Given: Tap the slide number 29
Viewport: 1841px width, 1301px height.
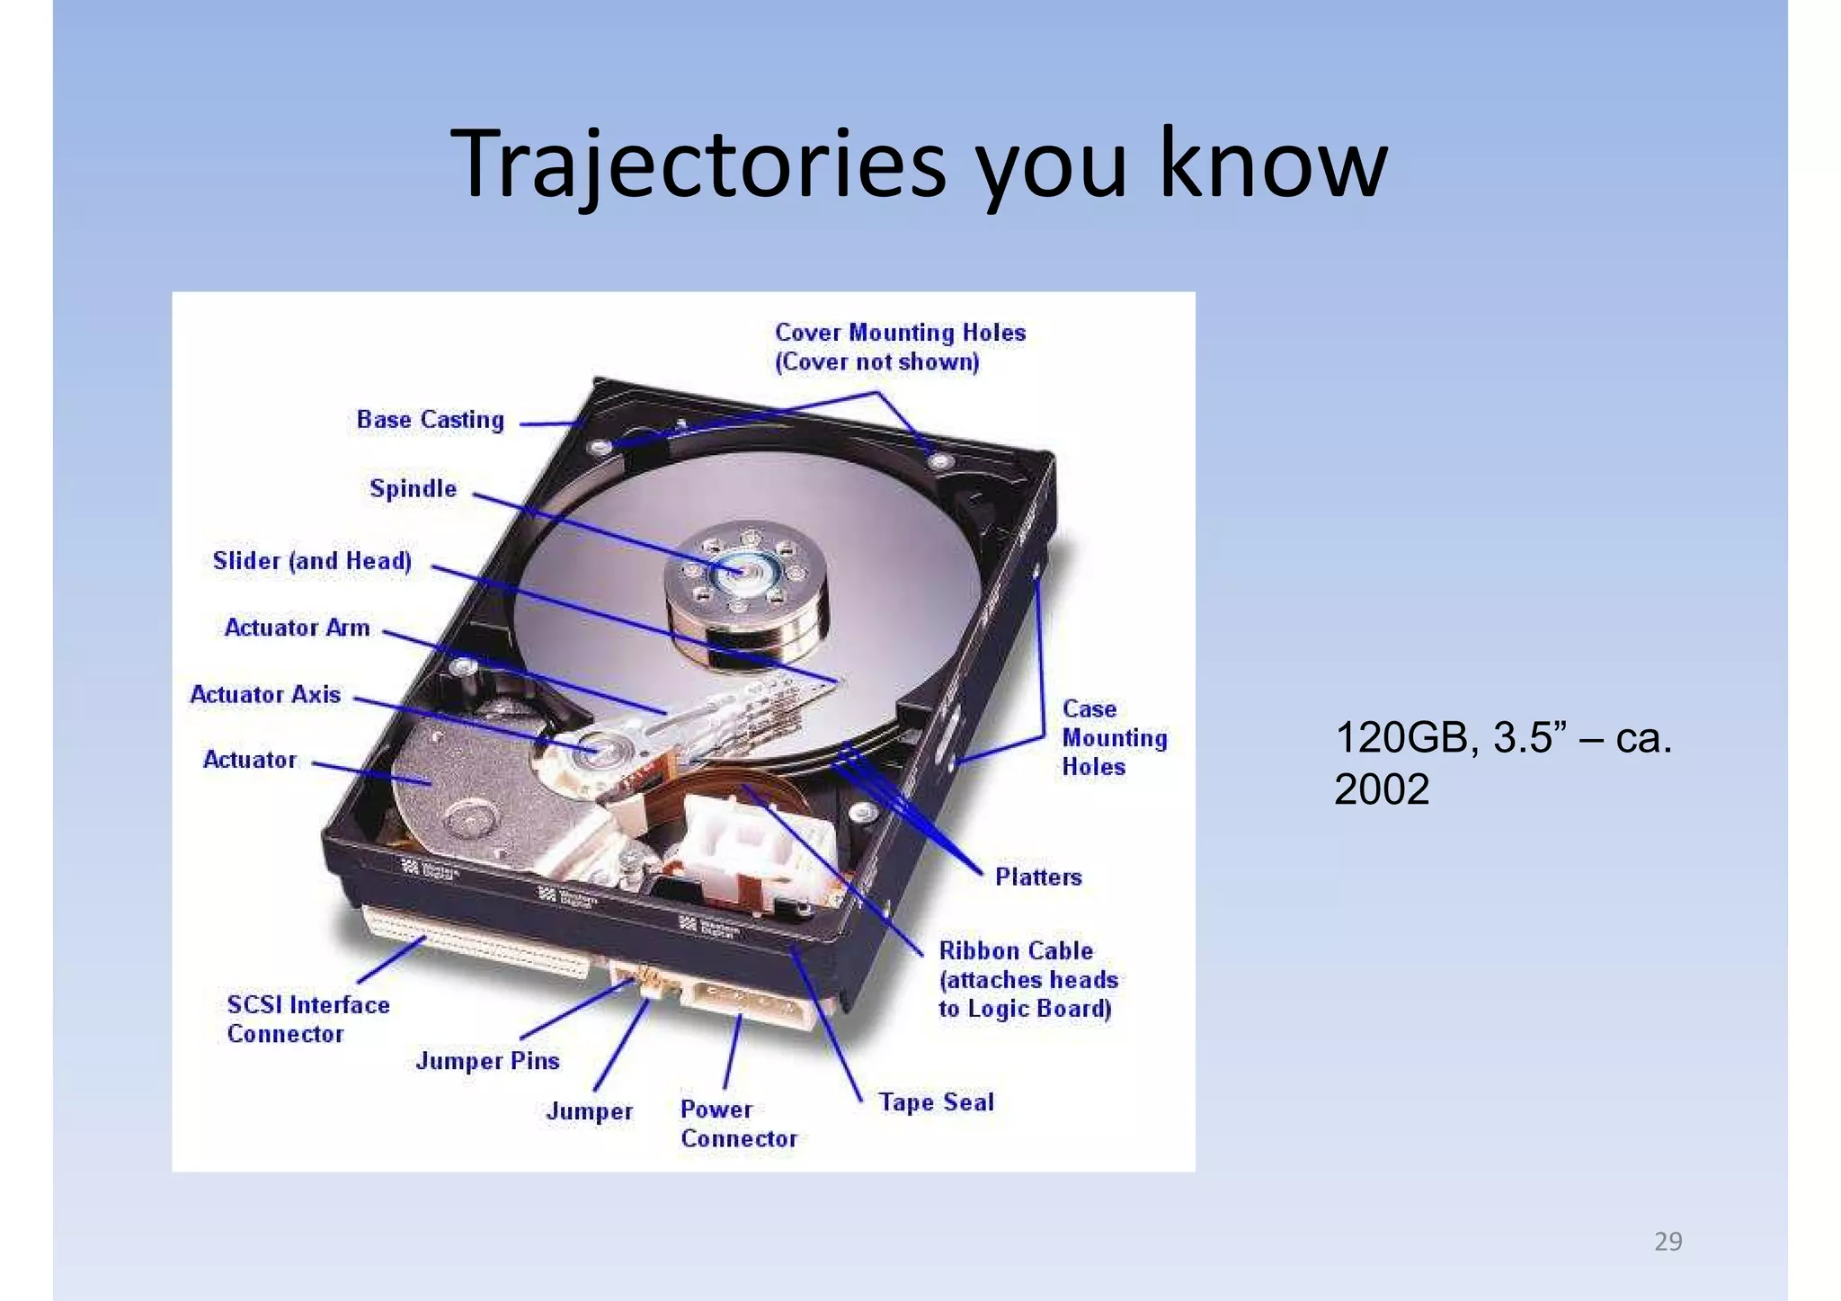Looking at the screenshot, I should point(1668,1242).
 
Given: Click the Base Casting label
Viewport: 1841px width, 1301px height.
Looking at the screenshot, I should point(430,420).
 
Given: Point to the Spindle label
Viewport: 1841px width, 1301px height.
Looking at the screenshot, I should point(413,489).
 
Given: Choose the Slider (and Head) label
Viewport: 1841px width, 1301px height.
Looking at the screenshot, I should point(312,561).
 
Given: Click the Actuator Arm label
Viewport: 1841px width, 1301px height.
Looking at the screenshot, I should point(297,628).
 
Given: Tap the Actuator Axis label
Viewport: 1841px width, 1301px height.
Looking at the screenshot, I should point(265,694).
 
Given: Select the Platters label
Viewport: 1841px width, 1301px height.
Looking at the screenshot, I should point(1037,877).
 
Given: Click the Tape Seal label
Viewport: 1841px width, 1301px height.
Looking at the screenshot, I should point(936,1102).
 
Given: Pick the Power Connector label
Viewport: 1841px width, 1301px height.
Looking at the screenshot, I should point(737,1124).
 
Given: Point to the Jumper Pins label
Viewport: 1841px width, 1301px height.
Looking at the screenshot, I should point(487,1061).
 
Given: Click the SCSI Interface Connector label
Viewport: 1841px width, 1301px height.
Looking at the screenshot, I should point(307,1019).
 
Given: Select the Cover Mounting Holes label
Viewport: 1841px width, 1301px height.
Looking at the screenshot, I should point(899,347).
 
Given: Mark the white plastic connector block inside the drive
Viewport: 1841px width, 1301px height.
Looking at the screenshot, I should point(746,845).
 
